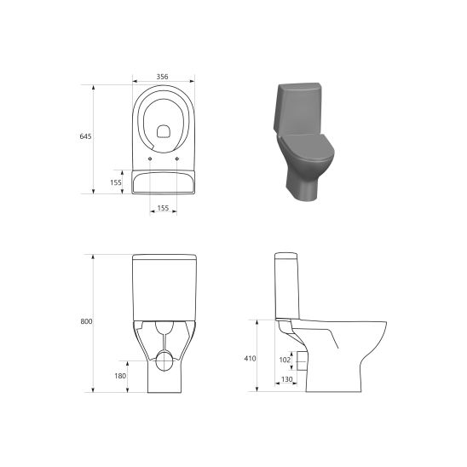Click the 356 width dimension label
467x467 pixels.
point(163,76)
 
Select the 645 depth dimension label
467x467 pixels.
point(85,137)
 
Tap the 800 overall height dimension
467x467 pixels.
point(86,321)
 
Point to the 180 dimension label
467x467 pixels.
point(120,375)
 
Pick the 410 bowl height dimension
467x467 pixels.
point(250,359)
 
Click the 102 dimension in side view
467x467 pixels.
point(285,360)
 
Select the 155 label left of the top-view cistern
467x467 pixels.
point(116,182)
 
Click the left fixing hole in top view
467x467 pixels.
point(150,159)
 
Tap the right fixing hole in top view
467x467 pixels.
point(176,159)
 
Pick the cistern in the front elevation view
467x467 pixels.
point(164,285)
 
